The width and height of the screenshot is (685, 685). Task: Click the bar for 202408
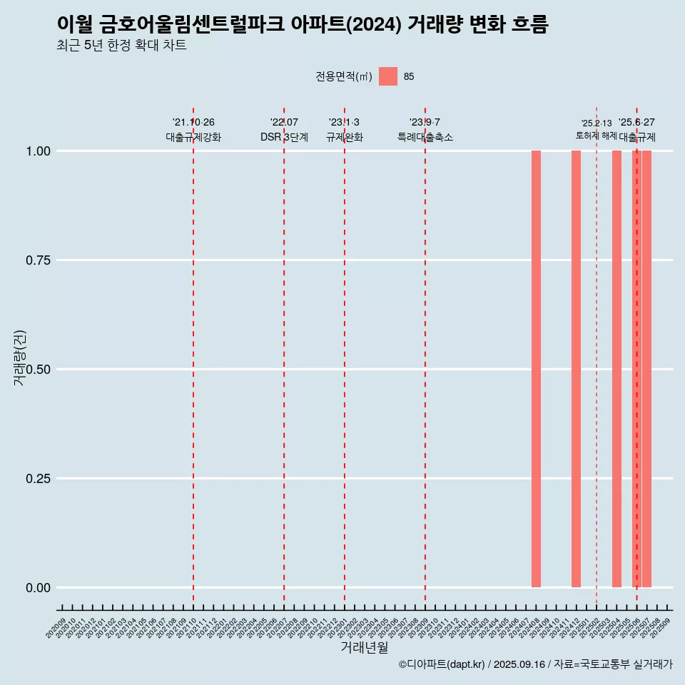point(536,369)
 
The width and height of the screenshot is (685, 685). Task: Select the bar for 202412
point(576,369)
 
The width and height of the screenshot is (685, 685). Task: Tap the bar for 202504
point(616,369)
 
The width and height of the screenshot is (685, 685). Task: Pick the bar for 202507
point(647,369)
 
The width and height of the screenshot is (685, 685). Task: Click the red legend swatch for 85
point(388,76)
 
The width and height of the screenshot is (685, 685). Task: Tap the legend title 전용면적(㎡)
point(343,76)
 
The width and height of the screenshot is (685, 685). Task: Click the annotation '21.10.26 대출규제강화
point(193,130)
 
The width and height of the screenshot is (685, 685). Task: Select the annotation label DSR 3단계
point(284,137)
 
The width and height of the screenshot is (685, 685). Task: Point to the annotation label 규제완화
point(345,137)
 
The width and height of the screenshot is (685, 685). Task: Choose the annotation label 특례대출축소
point(425,137)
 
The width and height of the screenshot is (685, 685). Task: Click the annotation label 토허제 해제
point(596,136)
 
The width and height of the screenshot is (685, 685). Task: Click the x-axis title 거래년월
point(365,648)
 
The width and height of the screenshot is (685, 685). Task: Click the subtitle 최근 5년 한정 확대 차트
point(121,46)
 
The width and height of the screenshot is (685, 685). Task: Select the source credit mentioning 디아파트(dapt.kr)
point(535,665)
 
